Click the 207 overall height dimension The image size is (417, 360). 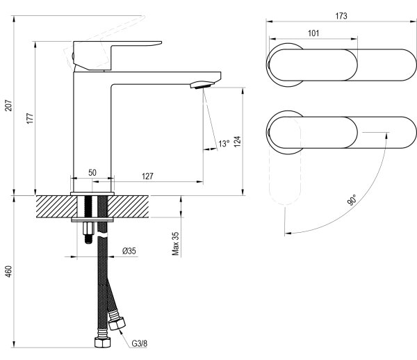pyautogui.click(x=8, y=105)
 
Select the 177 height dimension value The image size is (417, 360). pyautogui.click(x=30, y=118)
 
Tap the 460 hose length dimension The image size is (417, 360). pyautogui.click(x=8, y=272)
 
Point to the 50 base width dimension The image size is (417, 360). pyautogui.click(x=92, y=172)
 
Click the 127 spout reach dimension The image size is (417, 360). pyautogui.click(x=147, y=176)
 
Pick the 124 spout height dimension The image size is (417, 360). pyautogui.click(x=238, y=141)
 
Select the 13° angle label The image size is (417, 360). pyautogui.click(x=224, y=144)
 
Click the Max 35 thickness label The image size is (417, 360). pyautogui.click(x=176, y=243)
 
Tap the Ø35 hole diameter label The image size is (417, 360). pyautogui.click(x=129, y=251)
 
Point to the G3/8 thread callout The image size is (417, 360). pyautogui.click(x=140, y=343)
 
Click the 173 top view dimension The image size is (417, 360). pyautogui.click(x=341, y=16)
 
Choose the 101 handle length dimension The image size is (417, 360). pyautogui.click(x=313, y=33)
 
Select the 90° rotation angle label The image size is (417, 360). pyautogui.click(x=352, y=199)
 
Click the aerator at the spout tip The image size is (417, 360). pyautogui.click(x=202, y=85)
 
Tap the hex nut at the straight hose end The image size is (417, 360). pyautogui.click(x=102, y=342)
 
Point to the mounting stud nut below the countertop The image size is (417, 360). pyautogui.click(x=88, y=227)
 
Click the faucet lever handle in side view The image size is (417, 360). pyautogui.click(x=117, y=56)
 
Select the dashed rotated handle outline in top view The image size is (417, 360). pyautogui.click(x=285, y=161)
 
